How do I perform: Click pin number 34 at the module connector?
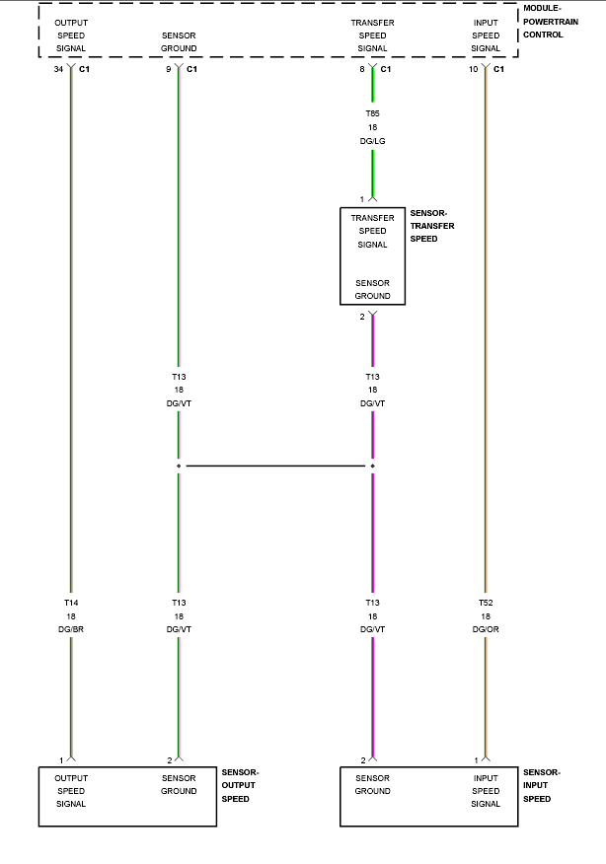[58, 69]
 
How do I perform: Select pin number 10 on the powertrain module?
[473, 69]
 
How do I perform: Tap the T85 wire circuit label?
[373, 113]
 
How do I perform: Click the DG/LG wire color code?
[373, 141]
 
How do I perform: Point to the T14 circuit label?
[71, 603]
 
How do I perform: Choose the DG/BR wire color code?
[71, 629]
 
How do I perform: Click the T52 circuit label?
[486, 603]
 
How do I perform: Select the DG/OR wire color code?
[486, 629]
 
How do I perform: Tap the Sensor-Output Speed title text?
[240, 786]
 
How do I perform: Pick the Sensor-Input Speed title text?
[542, 786]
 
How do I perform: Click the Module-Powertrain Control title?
[551, 22]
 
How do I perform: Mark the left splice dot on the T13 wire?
[179, 467]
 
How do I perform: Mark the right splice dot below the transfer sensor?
[373, 467]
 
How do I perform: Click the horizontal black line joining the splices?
[275, 467]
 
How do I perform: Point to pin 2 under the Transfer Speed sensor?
[362, 317]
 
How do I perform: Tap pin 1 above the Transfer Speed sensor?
[362, 199]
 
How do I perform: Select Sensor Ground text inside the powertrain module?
[179, 41]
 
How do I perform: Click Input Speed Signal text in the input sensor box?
[486, 791]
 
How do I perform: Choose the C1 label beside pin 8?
[386, 69]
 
